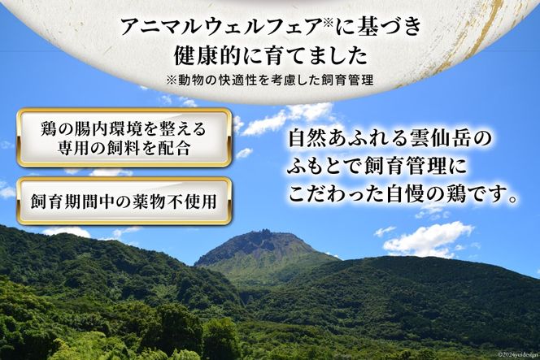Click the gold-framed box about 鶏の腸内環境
123,137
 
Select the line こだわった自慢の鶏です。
403,196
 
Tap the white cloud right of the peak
428,239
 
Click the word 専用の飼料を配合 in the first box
124,148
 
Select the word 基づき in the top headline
391,27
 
